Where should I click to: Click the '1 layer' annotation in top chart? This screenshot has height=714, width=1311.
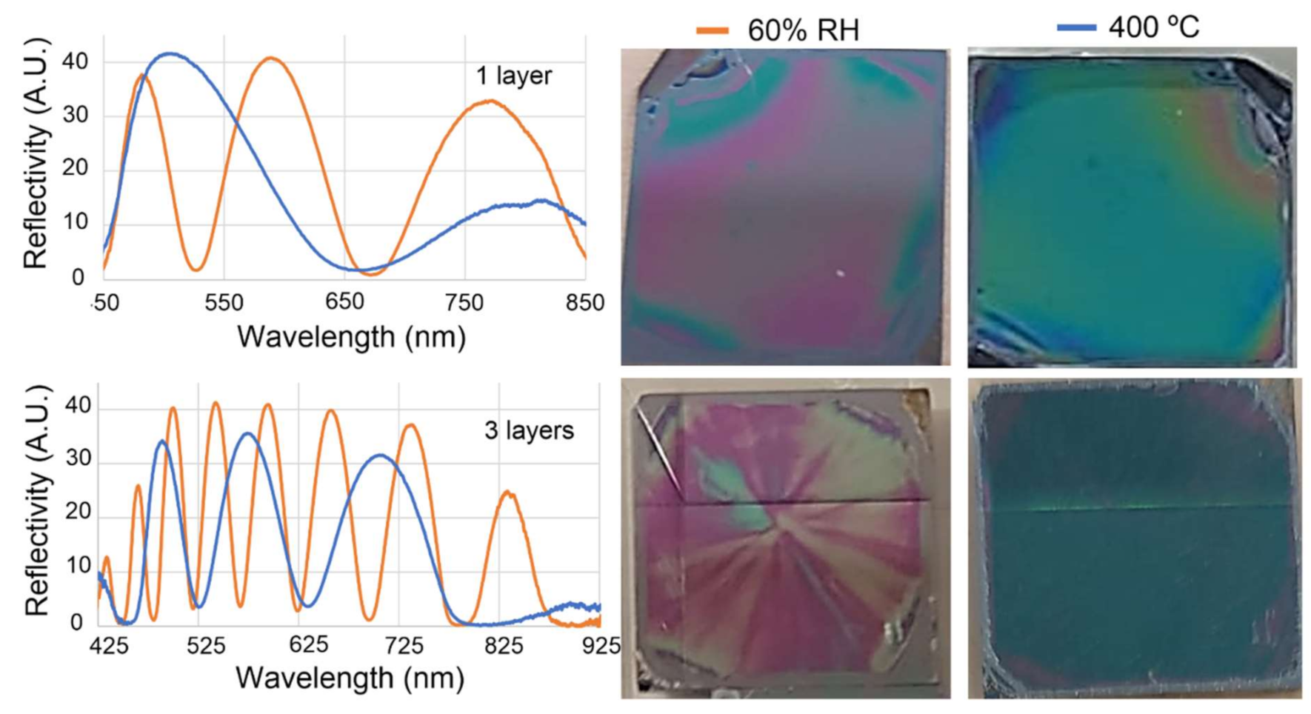(x=513, y=76)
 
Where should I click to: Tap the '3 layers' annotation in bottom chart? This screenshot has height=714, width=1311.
(x=528, y=430)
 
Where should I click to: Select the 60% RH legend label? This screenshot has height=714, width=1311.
(x=803, y=30)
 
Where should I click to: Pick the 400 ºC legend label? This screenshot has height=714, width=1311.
(x=1153, y=27)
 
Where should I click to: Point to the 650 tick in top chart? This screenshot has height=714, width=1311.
(x=344, y=302)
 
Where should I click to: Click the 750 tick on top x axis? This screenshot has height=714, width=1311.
(x=464, y=302)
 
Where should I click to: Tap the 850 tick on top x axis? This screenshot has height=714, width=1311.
(x=585, y=302)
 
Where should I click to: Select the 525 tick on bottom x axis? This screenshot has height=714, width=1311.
(x=205, y=646)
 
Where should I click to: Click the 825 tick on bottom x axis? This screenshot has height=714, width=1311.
(x=504, y=646)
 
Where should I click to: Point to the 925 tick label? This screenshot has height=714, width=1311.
(x=601, y=646)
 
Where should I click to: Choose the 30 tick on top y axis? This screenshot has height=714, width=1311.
(x=75, y=115)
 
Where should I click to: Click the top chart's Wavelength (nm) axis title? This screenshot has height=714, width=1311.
(x=351, y=337)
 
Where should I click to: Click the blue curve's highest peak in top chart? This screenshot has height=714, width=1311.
(x=170, y=53)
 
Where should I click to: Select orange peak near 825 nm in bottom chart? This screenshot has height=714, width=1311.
(x=507, y=492)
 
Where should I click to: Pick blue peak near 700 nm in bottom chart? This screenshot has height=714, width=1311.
(x=379, y=455)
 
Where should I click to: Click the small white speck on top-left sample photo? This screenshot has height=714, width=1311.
(x=840, y=273)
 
